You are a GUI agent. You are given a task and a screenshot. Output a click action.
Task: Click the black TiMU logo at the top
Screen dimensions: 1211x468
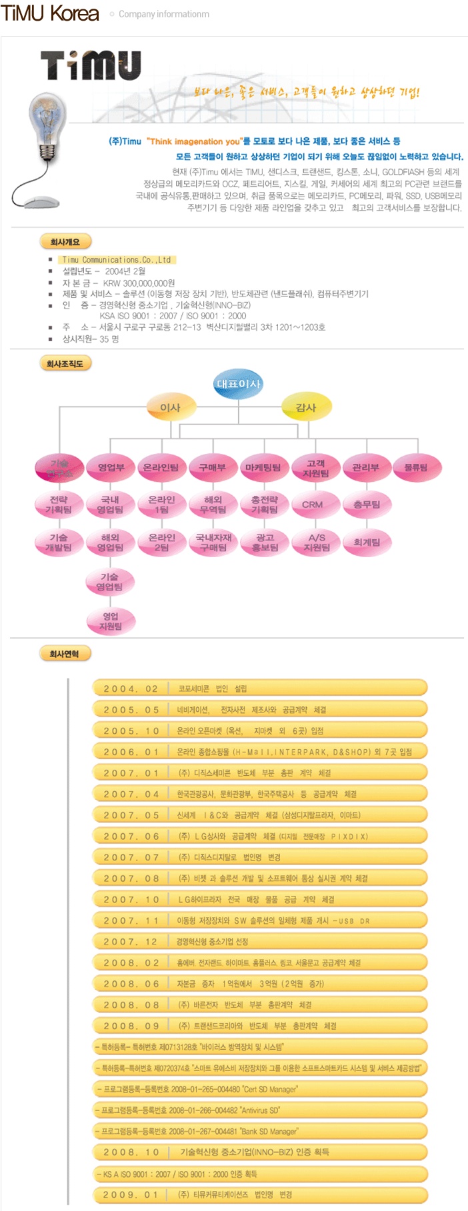pos(91,65)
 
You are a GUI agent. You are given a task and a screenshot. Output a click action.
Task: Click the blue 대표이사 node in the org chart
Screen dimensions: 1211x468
pos(238,384)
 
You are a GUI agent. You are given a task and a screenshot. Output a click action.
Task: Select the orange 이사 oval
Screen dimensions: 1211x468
pos(170,407)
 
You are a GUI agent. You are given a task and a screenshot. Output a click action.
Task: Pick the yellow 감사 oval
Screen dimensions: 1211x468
pos(305,407)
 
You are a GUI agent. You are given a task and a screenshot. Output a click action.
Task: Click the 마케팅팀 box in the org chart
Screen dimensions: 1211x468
pos(263,467)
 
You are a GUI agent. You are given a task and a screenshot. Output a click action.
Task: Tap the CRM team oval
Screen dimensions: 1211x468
pos(312,505)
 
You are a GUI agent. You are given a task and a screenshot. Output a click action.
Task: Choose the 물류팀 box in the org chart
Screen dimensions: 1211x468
pos(416,467)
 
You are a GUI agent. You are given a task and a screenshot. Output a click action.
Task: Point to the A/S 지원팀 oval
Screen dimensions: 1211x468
pos(317,543)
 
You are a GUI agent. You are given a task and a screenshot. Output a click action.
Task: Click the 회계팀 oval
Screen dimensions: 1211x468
pos(367,543)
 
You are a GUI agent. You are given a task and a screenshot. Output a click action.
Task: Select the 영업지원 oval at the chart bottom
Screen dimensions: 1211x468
pos(111,621)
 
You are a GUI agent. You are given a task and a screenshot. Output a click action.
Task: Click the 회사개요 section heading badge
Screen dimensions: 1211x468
pos(65,242)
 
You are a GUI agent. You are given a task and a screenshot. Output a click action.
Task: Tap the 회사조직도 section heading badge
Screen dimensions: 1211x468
pos(65,364)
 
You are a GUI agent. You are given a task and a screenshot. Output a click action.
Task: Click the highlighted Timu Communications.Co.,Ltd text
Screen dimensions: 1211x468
pos(117,260)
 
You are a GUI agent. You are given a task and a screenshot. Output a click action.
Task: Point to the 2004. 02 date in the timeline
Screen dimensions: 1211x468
pos(131,689)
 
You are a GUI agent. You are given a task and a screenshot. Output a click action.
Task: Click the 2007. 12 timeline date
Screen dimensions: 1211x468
pos(131,942)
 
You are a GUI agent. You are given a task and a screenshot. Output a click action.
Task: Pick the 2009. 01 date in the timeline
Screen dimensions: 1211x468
pos(131,1195)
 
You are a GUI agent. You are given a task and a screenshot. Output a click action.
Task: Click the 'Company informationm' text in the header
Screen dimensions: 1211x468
pos(163,14)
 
